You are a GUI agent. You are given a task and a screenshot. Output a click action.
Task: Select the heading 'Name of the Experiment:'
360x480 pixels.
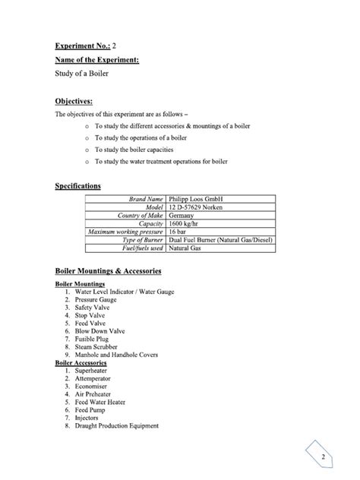pos(97,60)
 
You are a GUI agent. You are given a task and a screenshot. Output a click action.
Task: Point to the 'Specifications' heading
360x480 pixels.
pos(78,185)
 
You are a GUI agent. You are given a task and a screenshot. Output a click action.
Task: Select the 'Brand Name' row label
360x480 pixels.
pos(146,199)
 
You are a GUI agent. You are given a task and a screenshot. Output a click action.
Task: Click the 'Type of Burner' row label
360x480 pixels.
pos(141,240)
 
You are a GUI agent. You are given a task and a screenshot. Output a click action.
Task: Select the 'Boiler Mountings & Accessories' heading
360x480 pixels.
pos(108,270)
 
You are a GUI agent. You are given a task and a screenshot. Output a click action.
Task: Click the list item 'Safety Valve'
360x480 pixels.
pos(91,307)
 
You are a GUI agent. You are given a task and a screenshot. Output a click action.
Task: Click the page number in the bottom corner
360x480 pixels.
pos(323,457)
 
